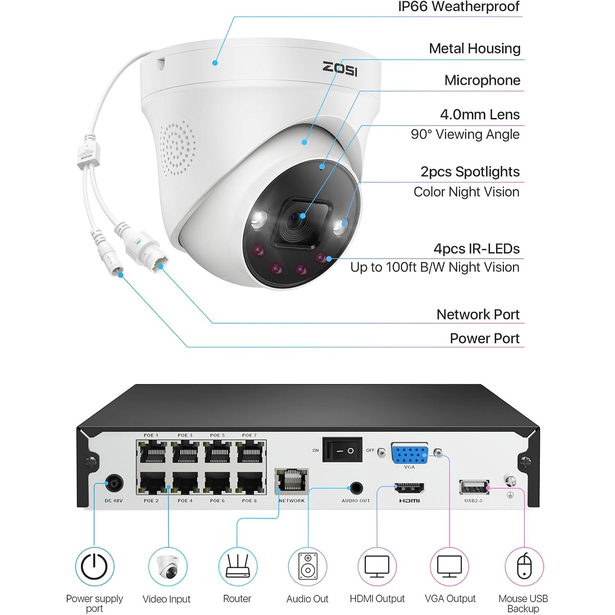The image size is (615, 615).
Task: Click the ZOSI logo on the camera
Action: (x=340, y=68)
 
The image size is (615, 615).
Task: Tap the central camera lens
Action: (x=298, y=221)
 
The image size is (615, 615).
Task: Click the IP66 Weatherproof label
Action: (x=458, y=7)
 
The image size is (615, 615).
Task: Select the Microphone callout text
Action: (x=482, y=80)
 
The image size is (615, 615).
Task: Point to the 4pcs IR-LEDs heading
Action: (x=476, y=249)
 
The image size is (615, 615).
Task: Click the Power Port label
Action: (x=485, y=339)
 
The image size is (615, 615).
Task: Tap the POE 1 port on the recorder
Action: (x=153, y=453)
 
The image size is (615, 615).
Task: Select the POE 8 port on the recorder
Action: (x=250, y=483)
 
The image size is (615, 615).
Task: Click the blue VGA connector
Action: (x=410, y=454)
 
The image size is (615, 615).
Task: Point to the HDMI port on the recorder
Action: (x=409, y=488)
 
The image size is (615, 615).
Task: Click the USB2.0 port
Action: (x=474, y=487)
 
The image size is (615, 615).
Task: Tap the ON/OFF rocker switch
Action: (x=342, y=450)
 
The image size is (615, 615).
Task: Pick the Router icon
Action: (x=237, y=567)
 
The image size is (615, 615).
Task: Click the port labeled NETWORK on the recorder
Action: (x=292, y=481)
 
